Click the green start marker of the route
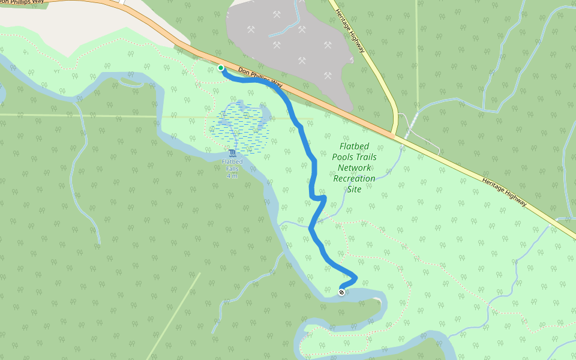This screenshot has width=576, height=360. coord(221,68)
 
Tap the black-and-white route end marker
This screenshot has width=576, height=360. coord(341,292)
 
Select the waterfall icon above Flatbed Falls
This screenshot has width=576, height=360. coord(232,154)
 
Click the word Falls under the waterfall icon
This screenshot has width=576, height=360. coord(232,169)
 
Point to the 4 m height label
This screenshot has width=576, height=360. coord(232,176)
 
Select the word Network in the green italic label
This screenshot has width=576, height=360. coord(354,168)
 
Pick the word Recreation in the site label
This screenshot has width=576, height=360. coord(354,178)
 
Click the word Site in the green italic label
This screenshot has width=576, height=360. coord(354,188)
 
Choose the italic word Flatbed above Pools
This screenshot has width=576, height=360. coord(354,146)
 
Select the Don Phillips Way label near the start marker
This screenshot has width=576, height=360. coord(260,76)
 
